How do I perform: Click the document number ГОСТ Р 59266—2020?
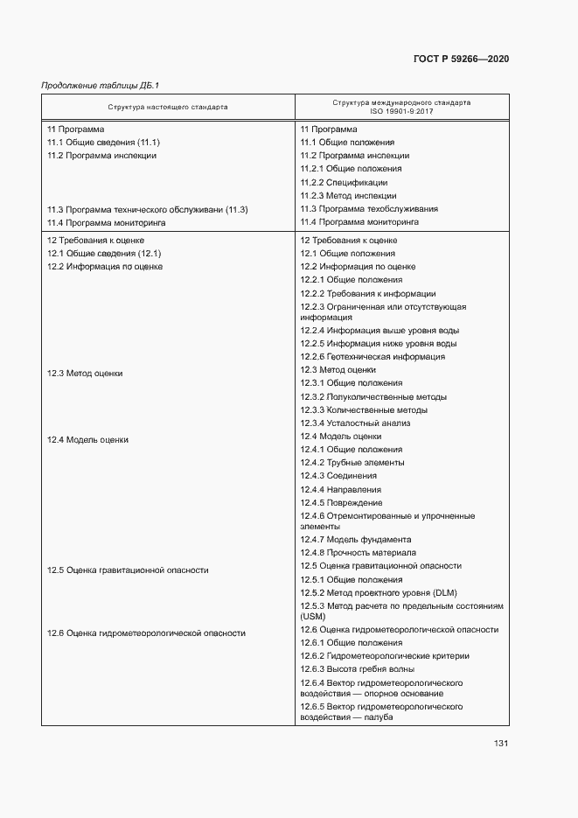460,59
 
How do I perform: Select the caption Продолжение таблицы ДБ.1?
101,85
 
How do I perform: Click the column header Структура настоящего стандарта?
168,107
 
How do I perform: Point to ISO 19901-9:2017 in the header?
401,112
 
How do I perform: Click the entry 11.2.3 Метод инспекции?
348,196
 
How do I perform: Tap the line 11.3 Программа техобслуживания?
369,209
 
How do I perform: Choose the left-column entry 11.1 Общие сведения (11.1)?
103,142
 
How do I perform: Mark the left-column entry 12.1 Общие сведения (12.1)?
103,253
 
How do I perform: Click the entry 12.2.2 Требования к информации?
368,294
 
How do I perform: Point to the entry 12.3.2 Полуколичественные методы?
373,396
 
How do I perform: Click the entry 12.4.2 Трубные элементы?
352,463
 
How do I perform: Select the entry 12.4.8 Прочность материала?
358,553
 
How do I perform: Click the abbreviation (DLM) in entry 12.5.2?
444,592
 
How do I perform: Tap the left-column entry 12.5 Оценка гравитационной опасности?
128,570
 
